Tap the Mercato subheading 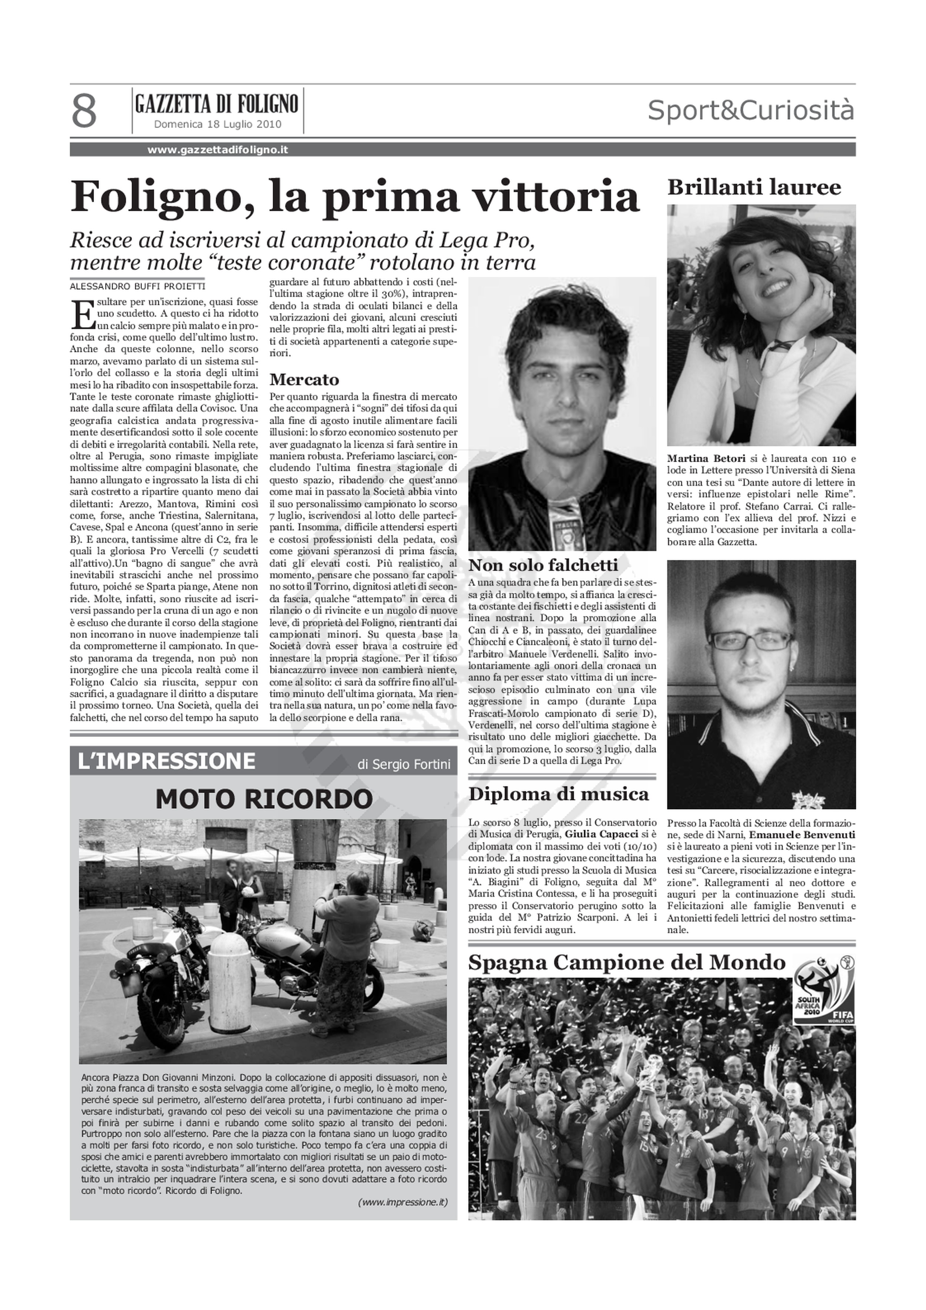coord(304,380)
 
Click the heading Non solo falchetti coord(543,566)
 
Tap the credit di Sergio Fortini coord(404,765)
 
